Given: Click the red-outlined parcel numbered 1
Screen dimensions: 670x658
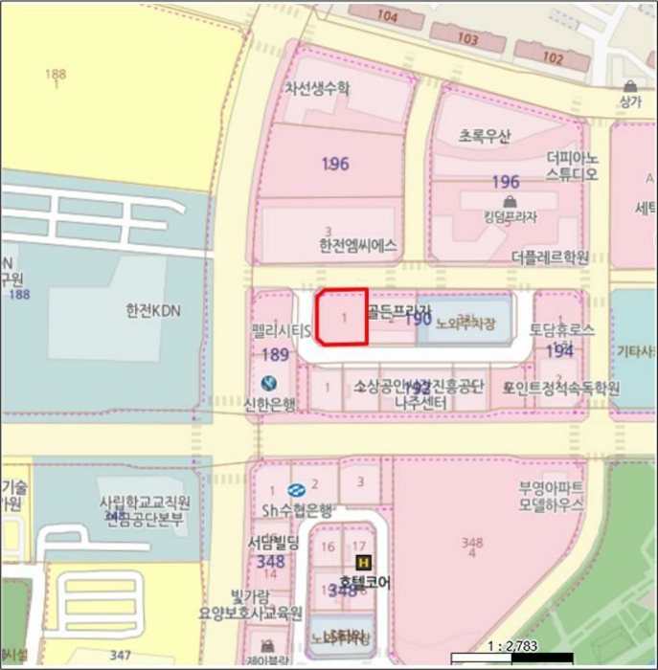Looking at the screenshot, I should tap(342, 316).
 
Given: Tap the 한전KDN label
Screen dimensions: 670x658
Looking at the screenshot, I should tap(152, 310).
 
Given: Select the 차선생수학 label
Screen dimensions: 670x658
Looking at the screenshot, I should tap(318, 88).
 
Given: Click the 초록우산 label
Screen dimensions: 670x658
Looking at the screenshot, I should tap(486, 136).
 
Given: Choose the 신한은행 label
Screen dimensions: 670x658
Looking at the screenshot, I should tap(270, 404).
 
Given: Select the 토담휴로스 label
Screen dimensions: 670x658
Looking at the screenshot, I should tap(561, 329).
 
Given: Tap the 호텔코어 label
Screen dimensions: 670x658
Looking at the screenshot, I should tap(359, 581).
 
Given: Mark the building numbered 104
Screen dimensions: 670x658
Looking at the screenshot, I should tap(387, 16).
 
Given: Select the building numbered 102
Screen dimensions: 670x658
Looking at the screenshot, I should tap(553, 56).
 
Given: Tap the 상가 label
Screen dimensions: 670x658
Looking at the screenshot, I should tap(629, 101).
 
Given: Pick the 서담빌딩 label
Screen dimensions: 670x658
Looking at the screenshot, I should tap(273, 543).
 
